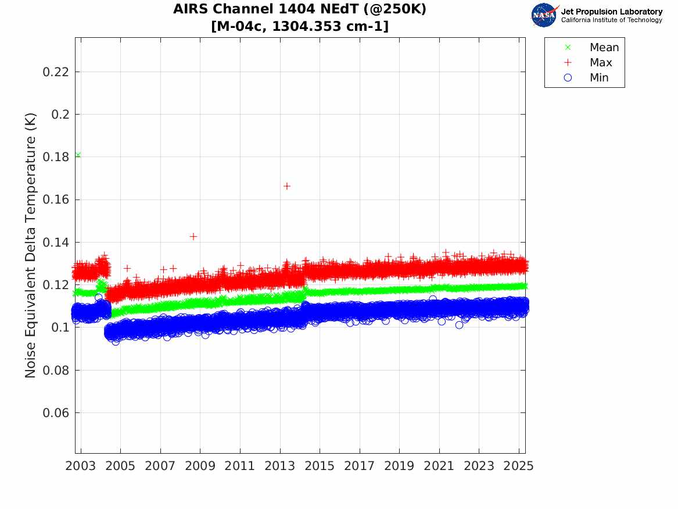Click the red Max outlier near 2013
tap(286, 186)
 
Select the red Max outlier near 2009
tap(193, 236)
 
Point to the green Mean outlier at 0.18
tap(78, 155)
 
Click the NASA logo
tap(544, 15)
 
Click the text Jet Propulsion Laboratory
tap(611, 12)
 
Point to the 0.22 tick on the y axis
tap(57, 72)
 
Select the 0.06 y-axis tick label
tap(57, 413)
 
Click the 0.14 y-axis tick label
tap(57, 243)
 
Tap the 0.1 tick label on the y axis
tap(60, 328)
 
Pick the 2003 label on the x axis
tap(81, 466)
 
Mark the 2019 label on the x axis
tap(399, 466)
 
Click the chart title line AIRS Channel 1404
tap(300, 10)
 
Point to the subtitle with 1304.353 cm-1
tap(300, 26)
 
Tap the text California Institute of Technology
tap(611, 20)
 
